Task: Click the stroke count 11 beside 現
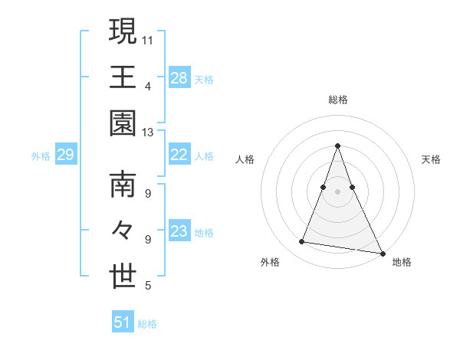[149, 39]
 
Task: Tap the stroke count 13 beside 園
[149, 133]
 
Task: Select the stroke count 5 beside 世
[148, 286]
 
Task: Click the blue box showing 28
[179, 77]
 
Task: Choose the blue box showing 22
[179, 155]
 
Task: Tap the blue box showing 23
[179, 231]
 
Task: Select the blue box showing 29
[65, 155]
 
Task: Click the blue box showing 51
[123, 322]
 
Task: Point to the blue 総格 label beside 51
[147, 324]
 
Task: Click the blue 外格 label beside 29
[41, 156]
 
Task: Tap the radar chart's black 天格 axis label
[432, 159]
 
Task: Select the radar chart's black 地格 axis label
[402, 262]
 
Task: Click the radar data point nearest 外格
[302, 242]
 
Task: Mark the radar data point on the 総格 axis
[337, 146]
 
